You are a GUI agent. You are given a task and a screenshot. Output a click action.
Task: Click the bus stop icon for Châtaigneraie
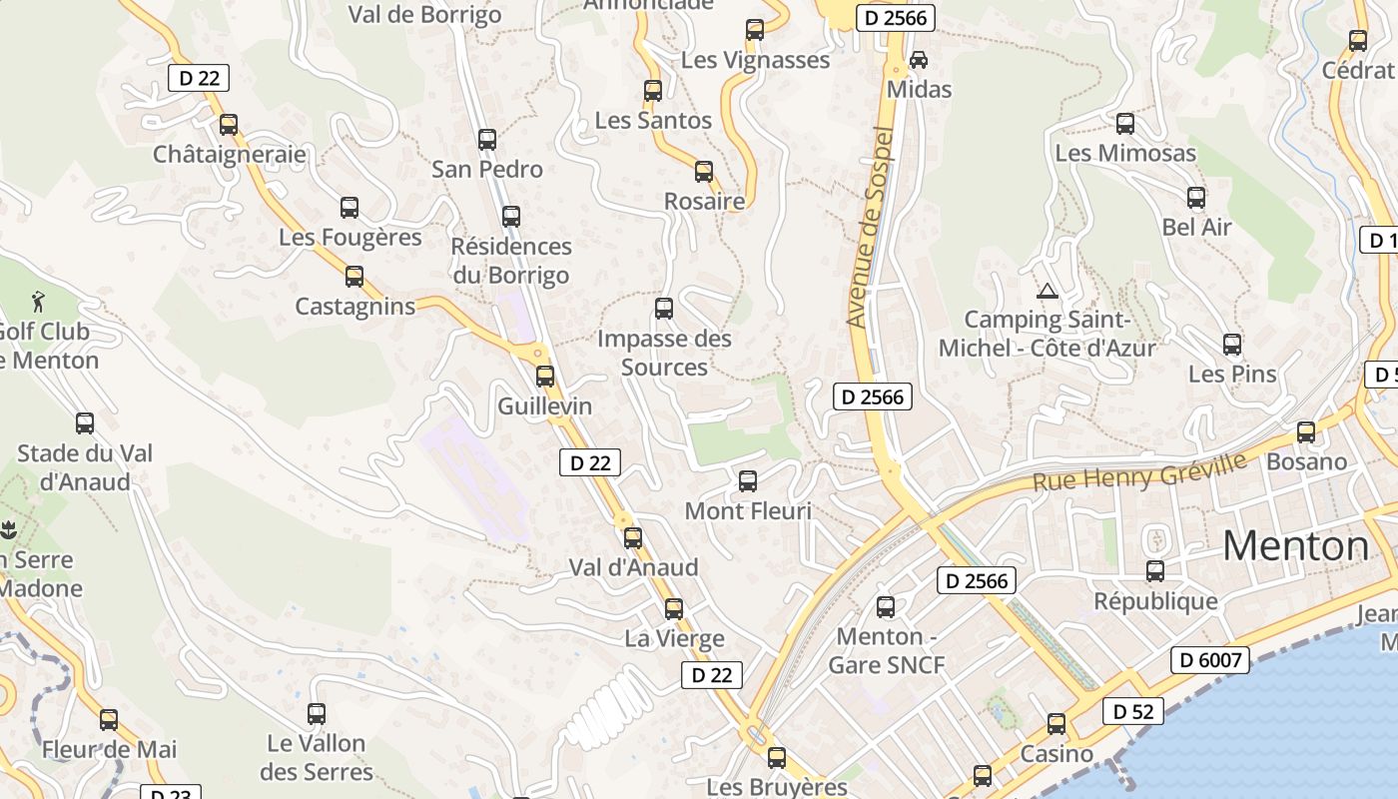click(229, 125)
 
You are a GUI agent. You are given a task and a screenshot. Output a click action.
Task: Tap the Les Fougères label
click(349, 238)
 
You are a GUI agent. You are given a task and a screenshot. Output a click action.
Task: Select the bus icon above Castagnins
click(354, 277)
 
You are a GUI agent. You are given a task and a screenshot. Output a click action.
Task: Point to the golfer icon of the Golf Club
click(38, 300)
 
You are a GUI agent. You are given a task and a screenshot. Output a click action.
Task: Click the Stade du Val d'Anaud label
click(85, 467)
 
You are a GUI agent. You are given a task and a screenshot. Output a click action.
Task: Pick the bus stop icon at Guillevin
click(545, 377)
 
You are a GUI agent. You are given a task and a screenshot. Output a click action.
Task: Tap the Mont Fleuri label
click(748, 511)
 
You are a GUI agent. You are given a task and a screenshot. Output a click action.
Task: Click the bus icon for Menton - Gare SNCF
click(886, 606)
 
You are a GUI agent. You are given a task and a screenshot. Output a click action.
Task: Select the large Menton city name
click(1296, 546)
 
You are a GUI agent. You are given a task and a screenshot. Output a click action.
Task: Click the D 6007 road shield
click(1209, 660)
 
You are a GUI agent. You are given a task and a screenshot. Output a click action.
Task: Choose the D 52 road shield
click(1133, 712)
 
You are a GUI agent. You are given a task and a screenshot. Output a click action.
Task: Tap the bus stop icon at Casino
click(1056, 724)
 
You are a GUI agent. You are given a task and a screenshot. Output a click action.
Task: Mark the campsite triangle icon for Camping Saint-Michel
click(1047, 292)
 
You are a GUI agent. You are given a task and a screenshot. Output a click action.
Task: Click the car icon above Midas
click(919, 60)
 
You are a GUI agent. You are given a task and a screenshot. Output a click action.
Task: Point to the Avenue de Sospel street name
click(868, 228)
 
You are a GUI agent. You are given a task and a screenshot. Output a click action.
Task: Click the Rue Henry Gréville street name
click(1139, 471)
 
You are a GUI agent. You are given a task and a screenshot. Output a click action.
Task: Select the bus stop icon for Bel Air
click(1196, 198)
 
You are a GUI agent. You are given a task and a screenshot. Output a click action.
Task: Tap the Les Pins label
click(1232, 375)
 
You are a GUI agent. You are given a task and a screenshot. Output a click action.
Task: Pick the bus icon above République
click(1155, 571)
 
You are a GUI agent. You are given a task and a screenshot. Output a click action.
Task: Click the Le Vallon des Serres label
click(317, 757)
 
